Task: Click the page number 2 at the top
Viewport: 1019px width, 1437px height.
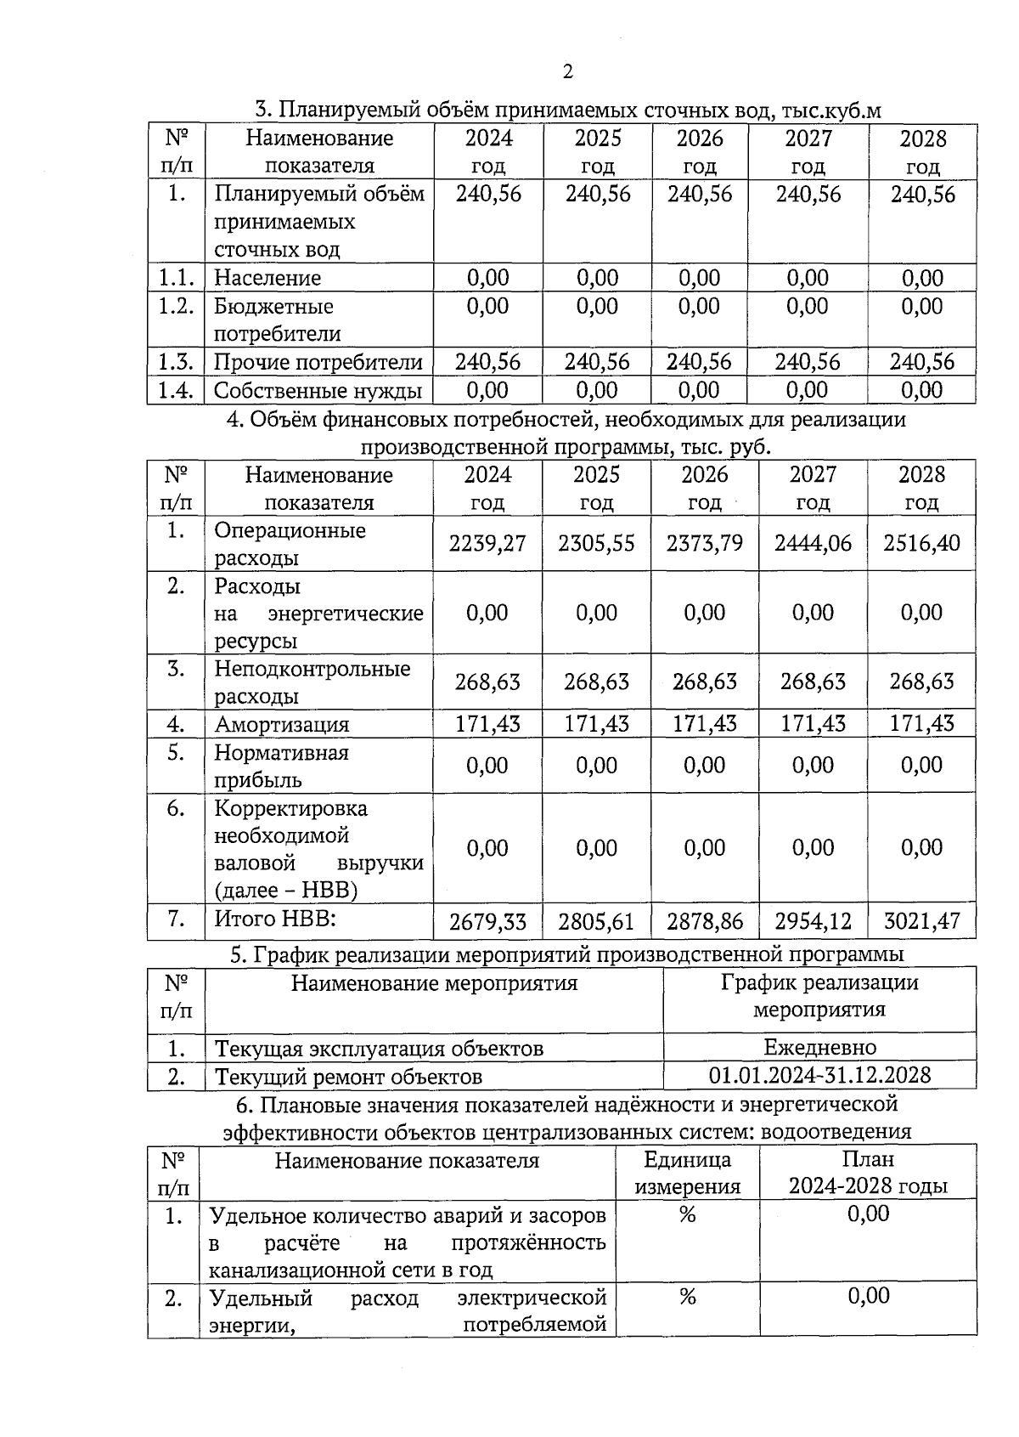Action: click(x=568, y=71)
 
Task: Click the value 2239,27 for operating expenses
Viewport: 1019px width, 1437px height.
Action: click(x=487, y=544)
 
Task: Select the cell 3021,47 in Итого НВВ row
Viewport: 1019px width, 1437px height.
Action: click(x=921, y=921)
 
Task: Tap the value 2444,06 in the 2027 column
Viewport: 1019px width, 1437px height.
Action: click(x=813, y=544)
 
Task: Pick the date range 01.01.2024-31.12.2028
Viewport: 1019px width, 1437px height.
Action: click(x=819, y=1076)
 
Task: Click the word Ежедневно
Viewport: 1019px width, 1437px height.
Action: click(x=819, y=1047)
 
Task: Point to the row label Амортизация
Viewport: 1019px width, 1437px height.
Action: click(x=281, y=724)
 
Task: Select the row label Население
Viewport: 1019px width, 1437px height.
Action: click(x=267, y=278)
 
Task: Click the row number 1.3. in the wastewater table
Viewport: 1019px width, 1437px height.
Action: click(x=176, y=362)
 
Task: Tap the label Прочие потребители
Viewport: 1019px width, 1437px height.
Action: click(x=318, y=362)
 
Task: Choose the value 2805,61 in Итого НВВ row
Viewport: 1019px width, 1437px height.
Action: click(x=596, y=921)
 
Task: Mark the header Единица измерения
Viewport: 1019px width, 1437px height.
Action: click(x=688, y=1173)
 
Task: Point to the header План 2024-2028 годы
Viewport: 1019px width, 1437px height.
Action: click(x=868, y=1173)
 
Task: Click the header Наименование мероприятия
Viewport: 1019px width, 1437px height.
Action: click(x=434, y=983)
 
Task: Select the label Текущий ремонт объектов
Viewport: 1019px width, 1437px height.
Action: click(x=348, y=1077)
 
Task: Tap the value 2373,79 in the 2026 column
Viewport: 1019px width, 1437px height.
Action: click(x=705, y=544)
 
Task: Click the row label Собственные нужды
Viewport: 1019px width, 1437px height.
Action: click(x=318, y=391)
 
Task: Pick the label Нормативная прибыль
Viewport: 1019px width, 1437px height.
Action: click(x=281, y=766)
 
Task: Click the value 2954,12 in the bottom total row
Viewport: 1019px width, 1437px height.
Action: click(x=813, y=921)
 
